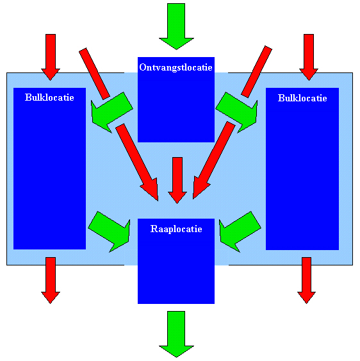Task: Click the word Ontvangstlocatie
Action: (176, 67)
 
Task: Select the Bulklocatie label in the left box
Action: (49, 97)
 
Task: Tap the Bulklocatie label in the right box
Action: (302, 98)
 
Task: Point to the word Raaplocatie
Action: (176, 229)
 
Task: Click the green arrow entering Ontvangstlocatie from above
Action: (176, 26)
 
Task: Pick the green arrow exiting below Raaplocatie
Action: (176, 334)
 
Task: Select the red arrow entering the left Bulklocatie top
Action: (51, 57)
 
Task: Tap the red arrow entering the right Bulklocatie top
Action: (309, 57)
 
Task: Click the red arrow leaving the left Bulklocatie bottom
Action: (51, 280)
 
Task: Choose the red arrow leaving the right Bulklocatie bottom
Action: (306, 280)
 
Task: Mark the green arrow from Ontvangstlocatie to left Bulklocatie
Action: (111, 113)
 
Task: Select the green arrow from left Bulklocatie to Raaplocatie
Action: (110, 231)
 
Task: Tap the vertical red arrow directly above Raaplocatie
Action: (177, 181)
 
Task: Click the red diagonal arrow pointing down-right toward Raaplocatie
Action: (138, 162)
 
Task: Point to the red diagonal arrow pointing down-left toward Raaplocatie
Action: (213, 160)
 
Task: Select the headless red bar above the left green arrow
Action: (94, 74)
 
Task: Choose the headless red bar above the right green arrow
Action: (256, 72)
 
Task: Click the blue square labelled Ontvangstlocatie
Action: (176, 99)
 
